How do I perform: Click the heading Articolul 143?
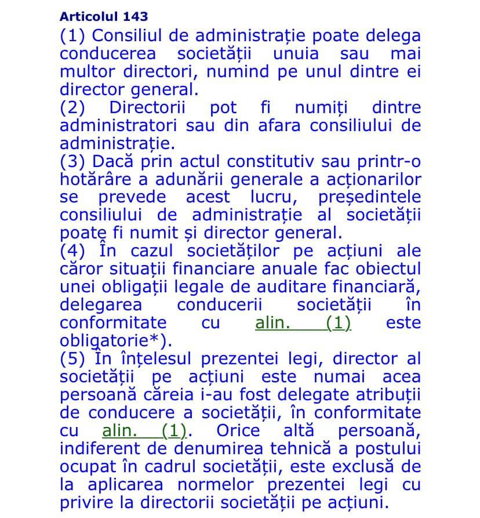(x=104, y=16)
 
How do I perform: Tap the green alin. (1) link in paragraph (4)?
(x=303, y=323)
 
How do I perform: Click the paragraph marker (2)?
(x=72, y=108)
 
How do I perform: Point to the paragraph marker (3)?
(x=72, y=162)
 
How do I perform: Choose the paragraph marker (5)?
(x=72, y=359)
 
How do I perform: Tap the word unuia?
(x=296, y=54)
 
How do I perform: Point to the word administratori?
(x=119, y=126)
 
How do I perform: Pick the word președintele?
(x=369, y=197)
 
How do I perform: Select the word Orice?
(x=238, y=431)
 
